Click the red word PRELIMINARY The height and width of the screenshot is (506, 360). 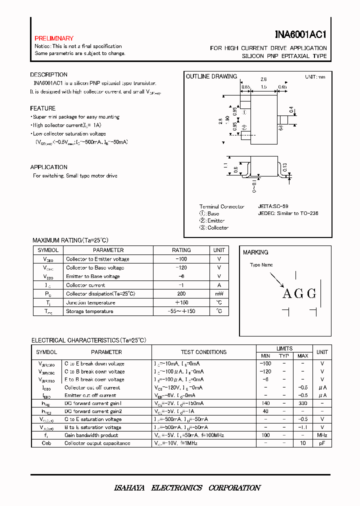[54, 38]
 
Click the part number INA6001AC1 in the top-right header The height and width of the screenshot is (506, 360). [300, 34]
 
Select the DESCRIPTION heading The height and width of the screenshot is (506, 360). [48, 75]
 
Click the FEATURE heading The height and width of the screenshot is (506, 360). [43, 108]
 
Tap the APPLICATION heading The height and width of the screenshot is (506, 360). [48, 167]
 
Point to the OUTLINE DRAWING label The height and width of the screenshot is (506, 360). [211, 76]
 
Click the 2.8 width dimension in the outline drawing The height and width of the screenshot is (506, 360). [263, 79]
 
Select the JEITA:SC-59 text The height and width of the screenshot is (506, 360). [273, 206]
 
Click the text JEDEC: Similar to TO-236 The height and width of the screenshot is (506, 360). [288, 213]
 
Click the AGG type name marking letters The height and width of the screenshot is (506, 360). [299, 294]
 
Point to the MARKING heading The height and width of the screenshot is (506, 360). [255, 252]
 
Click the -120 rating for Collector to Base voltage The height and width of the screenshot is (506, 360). [181, 267]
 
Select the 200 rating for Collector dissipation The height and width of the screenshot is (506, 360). [181, 294]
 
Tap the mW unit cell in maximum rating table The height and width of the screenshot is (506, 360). [219, 294]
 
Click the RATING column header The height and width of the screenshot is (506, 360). [181, 250]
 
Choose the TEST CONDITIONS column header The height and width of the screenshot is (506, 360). [203, 352]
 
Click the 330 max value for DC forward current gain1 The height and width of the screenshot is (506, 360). [303, 403]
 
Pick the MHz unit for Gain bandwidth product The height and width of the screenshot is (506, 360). [322, 435]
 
